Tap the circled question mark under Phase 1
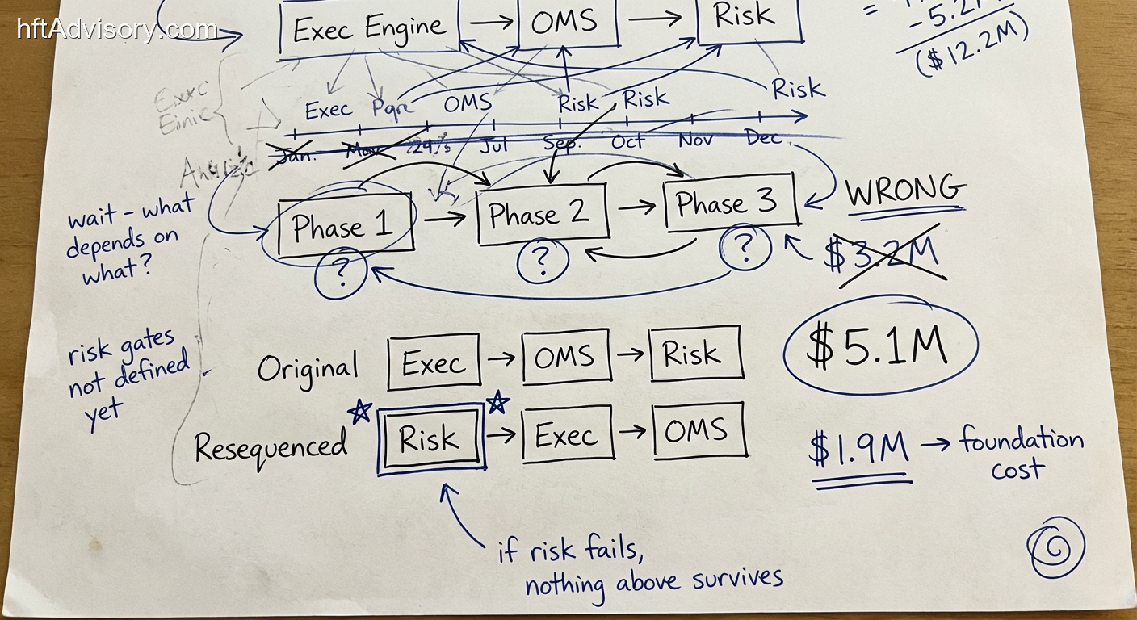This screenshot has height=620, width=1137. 342,274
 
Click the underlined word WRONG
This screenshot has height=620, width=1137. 904,191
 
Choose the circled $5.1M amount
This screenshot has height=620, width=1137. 879,346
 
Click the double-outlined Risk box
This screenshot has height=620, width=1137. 431,438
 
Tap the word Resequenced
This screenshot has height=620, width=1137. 271,446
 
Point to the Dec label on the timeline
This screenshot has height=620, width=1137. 763,138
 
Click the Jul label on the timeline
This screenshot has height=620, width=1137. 493,146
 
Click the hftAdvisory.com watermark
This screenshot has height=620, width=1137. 117,30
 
